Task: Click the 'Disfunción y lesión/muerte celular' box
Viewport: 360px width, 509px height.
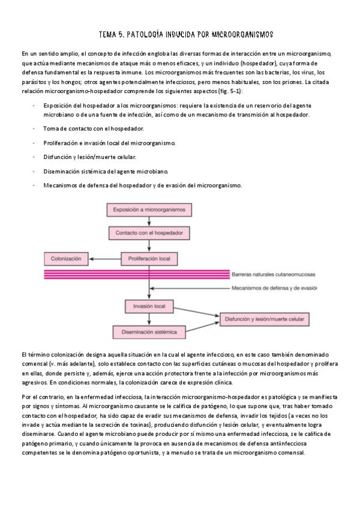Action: click(268, 319)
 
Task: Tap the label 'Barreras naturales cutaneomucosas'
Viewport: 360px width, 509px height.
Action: click(273, 274)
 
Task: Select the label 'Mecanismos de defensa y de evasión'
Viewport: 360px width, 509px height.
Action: click(274, 288)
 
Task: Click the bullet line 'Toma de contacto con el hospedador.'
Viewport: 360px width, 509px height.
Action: click(93, 129)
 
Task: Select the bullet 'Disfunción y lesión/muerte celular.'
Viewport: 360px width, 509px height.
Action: click(89, 157)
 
